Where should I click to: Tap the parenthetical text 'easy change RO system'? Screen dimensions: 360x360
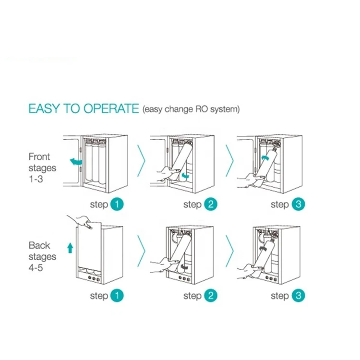(191, 110)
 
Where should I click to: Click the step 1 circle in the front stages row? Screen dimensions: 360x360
(117, 204)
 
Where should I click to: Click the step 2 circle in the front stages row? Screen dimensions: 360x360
(210, 204)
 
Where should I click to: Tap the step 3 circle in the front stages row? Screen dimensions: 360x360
(298, 204)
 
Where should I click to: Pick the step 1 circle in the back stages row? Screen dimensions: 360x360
(117, 296)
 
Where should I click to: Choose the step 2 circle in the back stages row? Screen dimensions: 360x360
(210, 296)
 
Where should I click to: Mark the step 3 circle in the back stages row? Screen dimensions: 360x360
(298, 296)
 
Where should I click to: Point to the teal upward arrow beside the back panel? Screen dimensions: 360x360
(70, 248)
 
